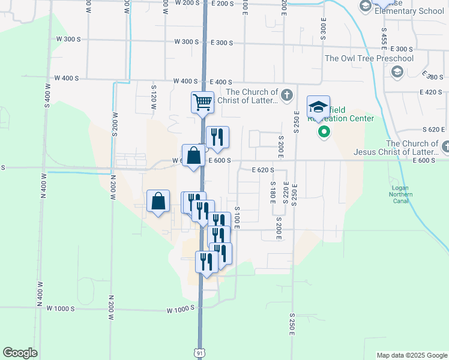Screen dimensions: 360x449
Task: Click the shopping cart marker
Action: coord(203,102)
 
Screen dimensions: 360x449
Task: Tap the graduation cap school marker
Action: coord(318,107)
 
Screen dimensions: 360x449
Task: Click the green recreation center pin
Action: coord(324,131)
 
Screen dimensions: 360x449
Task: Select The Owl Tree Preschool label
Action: coord(369,58)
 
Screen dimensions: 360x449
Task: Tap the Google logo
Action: coord(20,353)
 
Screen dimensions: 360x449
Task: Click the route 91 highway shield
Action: coord(199,353)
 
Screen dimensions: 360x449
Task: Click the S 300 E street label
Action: coord(323,28)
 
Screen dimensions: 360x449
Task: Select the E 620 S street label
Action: coord(263,170)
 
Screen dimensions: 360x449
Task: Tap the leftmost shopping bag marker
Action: coord(158,202)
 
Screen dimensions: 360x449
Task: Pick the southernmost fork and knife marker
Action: coord(206,263)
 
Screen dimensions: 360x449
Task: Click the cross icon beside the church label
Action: coord(287,95)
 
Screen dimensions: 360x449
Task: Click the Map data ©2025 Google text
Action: coord(411,355)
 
